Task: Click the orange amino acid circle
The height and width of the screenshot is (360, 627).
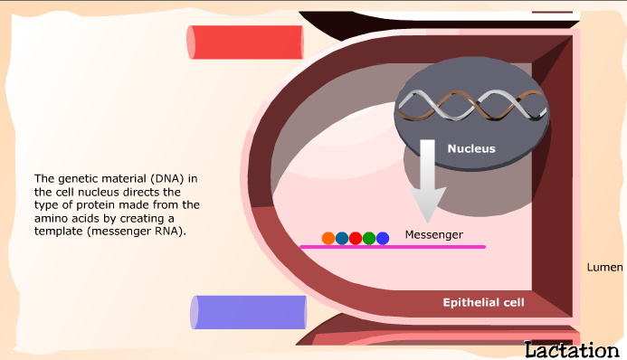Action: pyautogui.click(x=328, y=238)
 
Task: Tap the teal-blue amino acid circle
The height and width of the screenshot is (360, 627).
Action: pyautogui.click(x=342, y=238)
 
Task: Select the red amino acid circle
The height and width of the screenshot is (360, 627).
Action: pyautogui.click(x=356, y=238)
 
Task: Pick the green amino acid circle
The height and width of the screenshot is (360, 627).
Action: pyautogui.click(x=369, y=238)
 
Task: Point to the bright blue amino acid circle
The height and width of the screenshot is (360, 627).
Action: pyautogui.click(x=383, y=238)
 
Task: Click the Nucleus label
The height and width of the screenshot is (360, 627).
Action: pyautogui.click(x=471, y=148)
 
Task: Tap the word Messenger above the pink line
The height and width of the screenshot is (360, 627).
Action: pyautogui.click(x=434, y=234)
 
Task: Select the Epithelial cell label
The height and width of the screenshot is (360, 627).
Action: pyautogui.click(x=483, y=302)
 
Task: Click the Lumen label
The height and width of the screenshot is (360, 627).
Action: pyautogui.click(x=604, y=268)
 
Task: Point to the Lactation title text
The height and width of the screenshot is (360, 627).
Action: pyautogui.click(x=572, y=350)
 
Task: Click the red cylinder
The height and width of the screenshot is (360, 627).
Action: pyautogui.click(x=245, y=43)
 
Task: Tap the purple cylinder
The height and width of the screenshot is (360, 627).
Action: pyautogui.click(x=248, y=312)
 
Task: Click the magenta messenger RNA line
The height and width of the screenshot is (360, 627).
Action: pyautogui.click(x=393, y=247)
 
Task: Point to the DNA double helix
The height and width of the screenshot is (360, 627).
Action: pyautogui.click(x=472, y=105)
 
